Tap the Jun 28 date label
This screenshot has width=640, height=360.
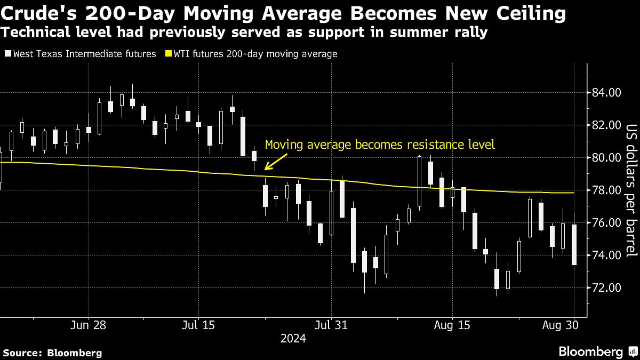[89, 324]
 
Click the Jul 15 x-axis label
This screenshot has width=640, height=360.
[198, 324]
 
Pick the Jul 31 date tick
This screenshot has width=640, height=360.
[331, 324]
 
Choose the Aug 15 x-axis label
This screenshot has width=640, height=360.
[452, 324]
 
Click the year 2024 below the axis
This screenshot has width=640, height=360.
[294, 339]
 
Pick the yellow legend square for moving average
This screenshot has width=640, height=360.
[169, 54]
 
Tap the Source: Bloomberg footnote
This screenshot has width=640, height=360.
[52, 353]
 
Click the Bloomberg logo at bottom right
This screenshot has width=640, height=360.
[597, 351]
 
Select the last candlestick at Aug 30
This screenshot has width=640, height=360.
[574, 245]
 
